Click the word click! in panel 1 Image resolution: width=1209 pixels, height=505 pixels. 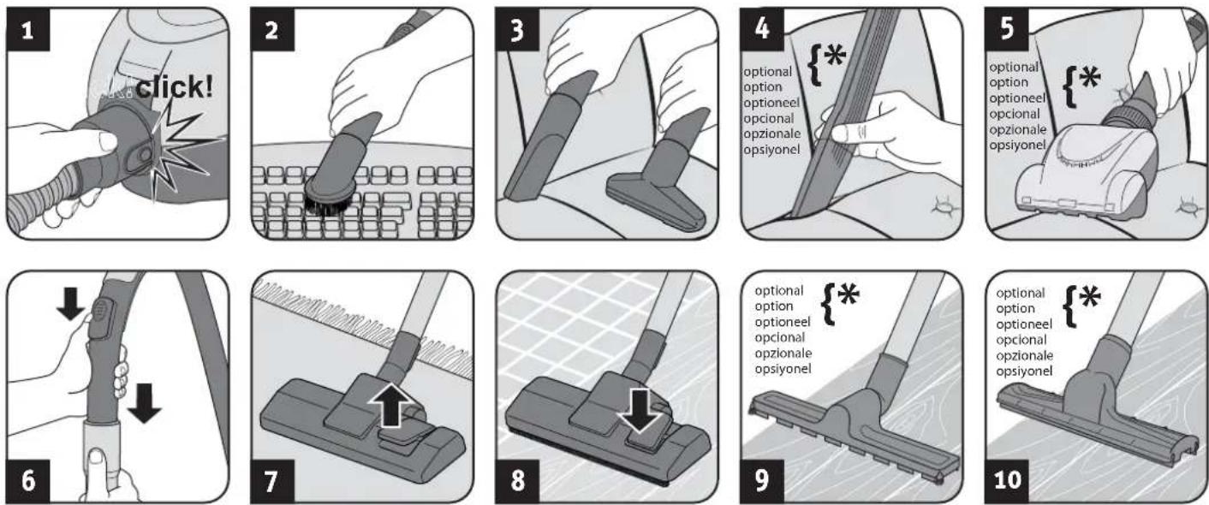click(x=175, y=86)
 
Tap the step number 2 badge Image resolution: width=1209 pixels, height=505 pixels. click(x=272, y=30)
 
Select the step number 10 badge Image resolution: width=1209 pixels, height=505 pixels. click(x=1008, y=480)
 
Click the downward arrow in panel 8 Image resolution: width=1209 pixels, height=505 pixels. click(x=639, y=409)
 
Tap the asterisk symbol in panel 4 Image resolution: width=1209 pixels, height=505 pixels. click(x=835, y=55)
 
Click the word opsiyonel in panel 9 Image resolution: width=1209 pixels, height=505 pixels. click(x=783, y=369)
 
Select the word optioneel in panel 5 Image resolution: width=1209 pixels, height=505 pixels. click(x=1017, y=98)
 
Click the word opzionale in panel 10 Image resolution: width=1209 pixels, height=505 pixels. click(x=1024, y=356)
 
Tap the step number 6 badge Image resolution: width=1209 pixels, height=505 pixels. click(x=28, y=480)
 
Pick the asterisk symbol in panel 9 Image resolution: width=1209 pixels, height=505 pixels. click(x=848, y=295)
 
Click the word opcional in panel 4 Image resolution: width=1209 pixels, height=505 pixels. click(x=769, y=118)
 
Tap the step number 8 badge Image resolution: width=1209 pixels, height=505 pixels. click(x=517, y=480)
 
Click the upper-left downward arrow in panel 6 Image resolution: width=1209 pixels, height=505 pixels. click(x=71, y=304)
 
